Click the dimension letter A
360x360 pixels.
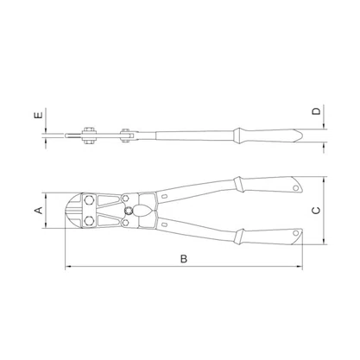coord(39,211)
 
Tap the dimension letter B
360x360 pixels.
coord(184,259)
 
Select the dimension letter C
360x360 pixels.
coord(316,211)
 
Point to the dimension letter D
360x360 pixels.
coord(316,111)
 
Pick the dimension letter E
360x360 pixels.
coord(39,115)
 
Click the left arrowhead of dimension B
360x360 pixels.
coord(68,267)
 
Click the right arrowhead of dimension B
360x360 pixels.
coord(300,267)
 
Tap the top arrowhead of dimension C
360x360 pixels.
coord(324,180)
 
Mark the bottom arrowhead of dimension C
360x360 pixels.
coord(324,241)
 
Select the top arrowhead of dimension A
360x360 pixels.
coord(46,196)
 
